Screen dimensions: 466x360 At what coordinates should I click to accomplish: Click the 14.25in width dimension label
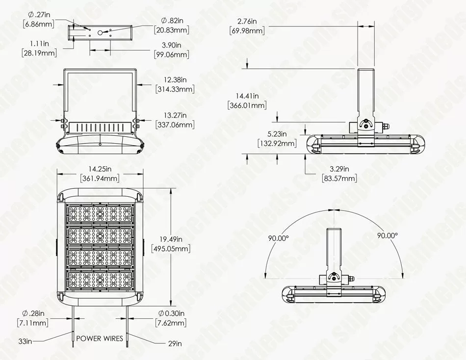(100, 169)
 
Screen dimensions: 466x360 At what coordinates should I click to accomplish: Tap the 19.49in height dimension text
(171, 239)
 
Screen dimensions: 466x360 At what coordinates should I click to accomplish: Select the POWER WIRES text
(100, 338)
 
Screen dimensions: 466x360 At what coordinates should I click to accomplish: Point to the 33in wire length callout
(25, 341)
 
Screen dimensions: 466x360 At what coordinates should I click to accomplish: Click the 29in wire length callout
(175, 344)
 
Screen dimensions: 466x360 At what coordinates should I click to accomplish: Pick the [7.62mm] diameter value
(171, 323)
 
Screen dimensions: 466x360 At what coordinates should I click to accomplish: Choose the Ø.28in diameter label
(33, 313)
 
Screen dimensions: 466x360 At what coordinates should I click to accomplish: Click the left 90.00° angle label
(279, 238)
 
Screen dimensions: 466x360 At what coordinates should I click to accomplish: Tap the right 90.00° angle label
(388, 235)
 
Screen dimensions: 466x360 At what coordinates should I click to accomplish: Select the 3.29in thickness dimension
(339, 169)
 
